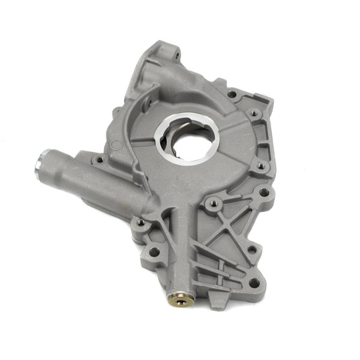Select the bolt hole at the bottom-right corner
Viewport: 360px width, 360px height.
(254, 282)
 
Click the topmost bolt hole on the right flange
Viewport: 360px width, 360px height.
(232, 94)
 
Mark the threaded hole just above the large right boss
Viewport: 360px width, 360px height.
(260, 166)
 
